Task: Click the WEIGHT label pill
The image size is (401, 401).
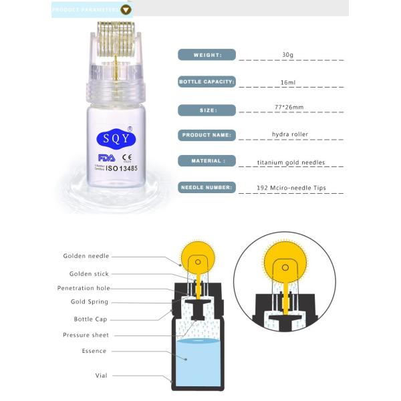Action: [x=207, y=55]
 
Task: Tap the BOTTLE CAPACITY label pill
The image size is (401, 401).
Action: [x=207, y=82]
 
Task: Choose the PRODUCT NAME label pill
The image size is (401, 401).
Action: [x=207, y=135]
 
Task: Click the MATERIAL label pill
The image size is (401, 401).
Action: [x=207, y=161]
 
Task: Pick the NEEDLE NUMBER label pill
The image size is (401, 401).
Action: [x=207, y=188]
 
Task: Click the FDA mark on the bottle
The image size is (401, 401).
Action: [x=106, y=158]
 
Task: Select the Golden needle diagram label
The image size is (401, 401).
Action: [x=86, y=256]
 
